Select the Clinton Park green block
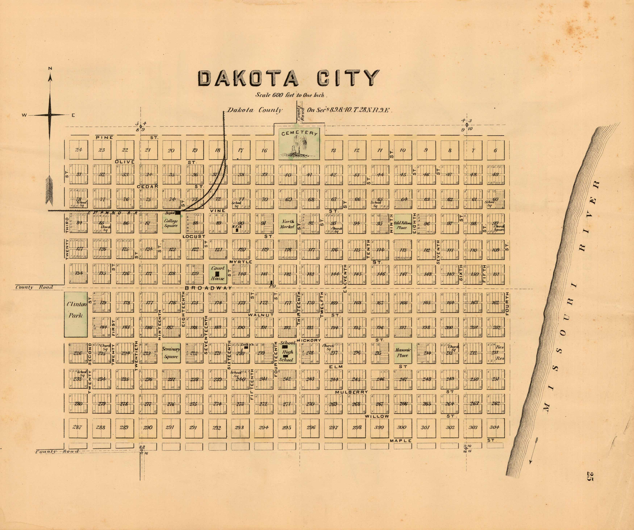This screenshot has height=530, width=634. tap(76, 314)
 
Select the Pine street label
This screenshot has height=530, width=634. tap(105, 137)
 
